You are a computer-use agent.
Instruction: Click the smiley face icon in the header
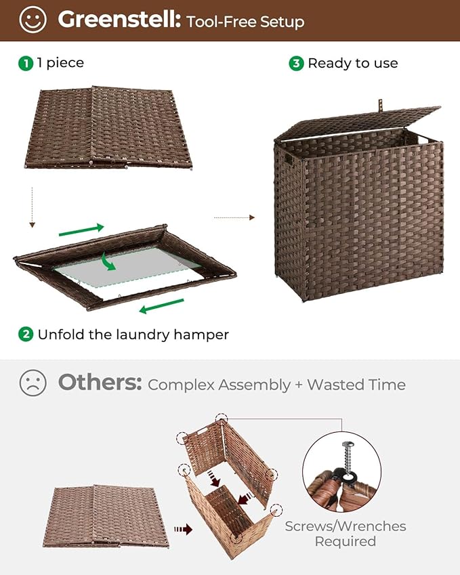(33, 20)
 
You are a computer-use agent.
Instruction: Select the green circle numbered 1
(26, 63)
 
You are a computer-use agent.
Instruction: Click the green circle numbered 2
(26, 334)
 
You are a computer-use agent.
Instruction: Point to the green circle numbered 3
(296, 63)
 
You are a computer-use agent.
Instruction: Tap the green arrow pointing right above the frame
(81, 230)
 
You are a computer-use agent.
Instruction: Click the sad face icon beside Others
(33, 383)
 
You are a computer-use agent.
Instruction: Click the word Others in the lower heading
(100, 383)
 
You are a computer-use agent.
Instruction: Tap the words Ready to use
(352, 63)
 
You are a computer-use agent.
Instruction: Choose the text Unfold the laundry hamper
(133, 334)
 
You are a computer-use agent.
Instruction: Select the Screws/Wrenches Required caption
(346, 534)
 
